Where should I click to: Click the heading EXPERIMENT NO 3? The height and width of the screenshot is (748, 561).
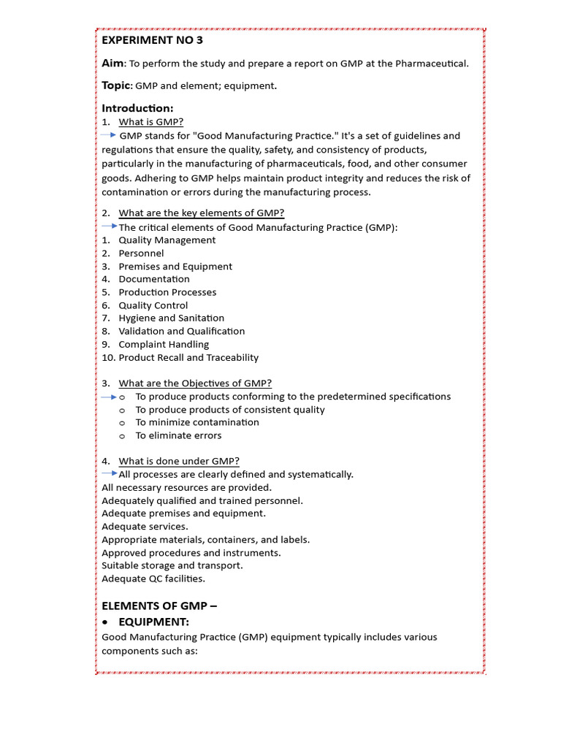coord(152,40)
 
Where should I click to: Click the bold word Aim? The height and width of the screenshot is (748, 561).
coord(113,64)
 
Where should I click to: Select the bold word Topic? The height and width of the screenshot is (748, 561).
coord(115,85)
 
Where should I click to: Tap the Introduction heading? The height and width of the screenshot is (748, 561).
coord(137,109)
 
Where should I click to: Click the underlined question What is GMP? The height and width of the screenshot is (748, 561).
coord(151,122)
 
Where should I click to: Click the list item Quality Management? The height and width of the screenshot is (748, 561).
coord(167,240)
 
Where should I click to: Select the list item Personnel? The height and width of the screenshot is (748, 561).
coord(142,253)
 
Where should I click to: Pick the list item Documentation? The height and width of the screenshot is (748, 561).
coord(154,279)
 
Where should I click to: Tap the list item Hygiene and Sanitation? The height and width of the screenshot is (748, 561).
coord(172,318)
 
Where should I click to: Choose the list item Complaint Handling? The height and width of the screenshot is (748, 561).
coord(164,345)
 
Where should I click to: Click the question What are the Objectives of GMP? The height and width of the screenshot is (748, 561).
coord(195,383)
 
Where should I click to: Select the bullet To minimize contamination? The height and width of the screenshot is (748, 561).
coord(197,422)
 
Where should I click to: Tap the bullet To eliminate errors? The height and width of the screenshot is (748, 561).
coord(178,435)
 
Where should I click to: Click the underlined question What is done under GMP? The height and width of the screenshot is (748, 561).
coord(179,461)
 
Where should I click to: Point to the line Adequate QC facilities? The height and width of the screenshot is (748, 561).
coord(153,579)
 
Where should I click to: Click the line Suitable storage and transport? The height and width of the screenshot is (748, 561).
coord(172,565)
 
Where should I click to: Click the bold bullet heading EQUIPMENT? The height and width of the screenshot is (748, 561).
coord(153,622)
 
